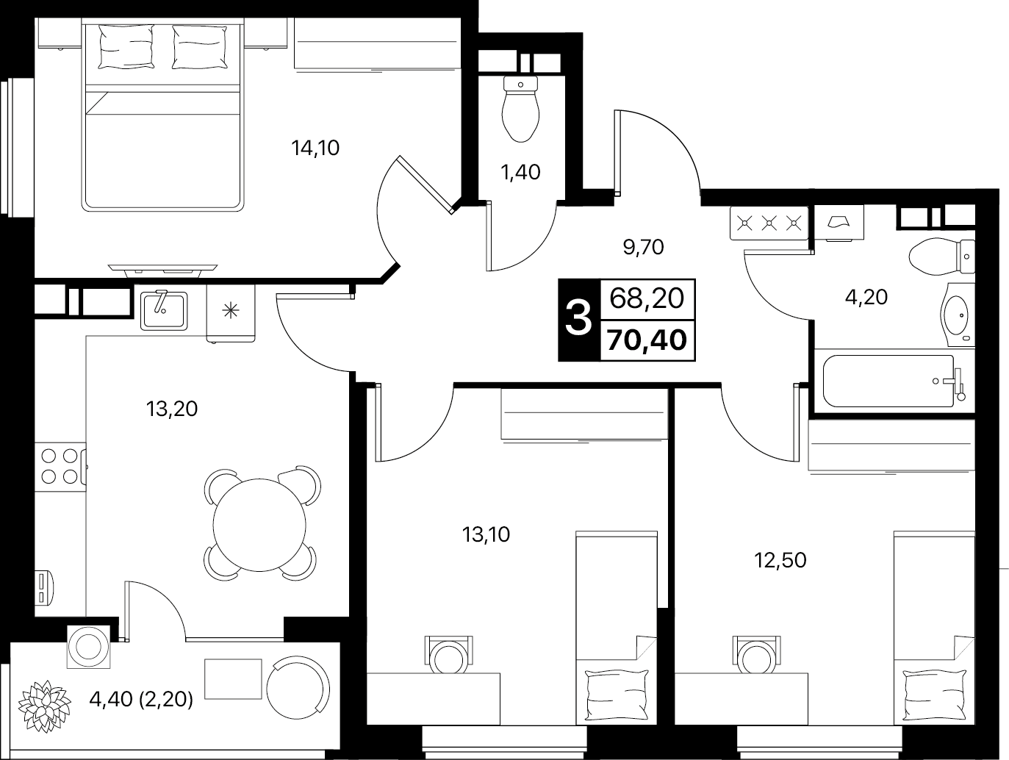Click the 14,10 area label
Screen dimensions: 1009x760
[x=315, y=148]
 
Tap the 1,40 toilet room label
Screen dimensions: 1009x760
[x=520, y=173]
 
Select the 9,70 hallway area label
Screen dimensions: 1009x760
[x=643, y=248]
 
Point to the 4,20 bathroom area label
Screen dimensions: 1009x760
[x=866, y=298]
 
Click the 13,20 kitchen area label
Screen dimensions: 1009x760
[x=172, y=409]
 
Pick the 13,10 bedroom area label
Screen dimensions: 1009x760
[x=486, y=534]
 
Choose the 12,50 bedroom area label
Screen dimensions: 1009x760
[x=780, y=561]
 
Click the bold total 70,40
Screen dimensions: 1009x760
[x=647, y=341]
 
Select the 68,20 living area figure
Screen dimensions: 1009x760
[x=647, y=299]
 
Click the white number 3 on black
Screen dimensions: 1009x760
[x=578, y=320]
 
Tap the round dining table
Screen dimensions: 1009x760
[x=259, y=525]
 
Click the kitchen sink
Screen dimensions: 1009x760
[x=164, y=310]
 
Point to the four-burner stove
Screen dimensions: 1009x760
[x=60, y=466]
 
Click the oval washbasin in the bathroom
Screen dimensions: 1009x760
[x=958, y=315]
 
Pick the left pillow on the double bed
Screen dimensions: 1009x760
[x=126, y=46]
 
